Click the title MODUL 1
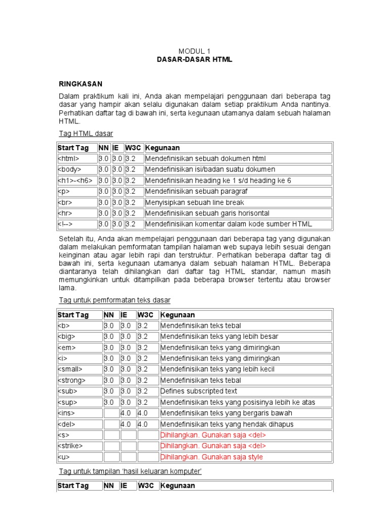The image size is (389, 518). [194, 51]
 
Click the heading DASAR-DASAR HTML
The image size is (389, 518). [194, 60]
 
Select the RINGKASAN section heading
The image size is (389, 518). [81, 84]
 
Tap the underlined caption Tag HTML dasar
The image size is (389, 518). [86, 134]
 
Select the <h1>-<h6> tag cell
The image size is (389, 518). [75, 181]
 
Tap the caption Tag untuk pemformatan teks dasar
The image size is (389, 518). [114, 300]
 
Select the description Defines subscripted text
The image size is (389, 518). [199, 391]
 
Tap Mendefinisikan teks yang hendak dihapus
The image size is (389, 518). [227, 424]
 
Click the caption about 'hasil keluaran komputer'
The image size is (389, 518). [130, 471]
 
